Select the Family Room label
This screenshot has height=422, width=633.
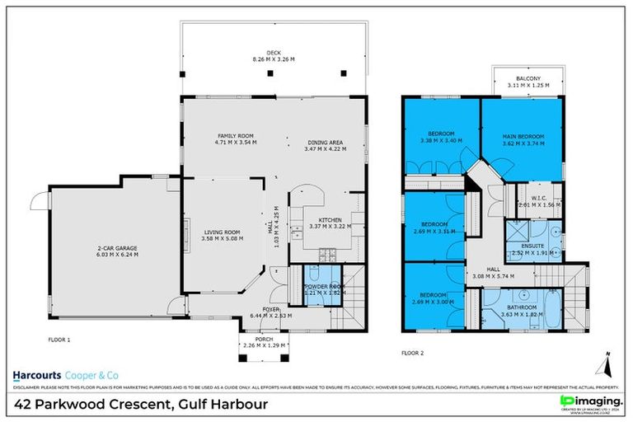click(235, 135)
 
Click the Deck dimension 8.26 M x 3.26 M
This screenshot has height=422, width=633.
click(261, 60)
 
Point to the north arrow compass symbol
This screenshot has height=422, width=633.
click(606, 360)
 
